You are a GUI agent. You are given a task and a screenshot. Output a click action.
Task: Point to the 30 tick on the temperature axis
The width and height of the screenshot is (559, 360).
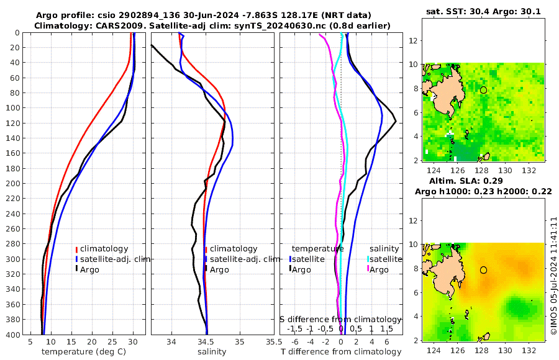pos(133,341)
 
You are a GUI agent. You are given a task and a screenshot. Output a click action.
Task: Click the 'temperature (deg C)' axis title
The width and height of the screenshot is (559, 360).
pos(86,351)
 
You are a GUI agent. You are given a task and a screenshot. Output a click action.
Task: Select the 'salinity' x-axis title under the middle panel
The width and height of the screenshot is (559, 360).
pos(211,351)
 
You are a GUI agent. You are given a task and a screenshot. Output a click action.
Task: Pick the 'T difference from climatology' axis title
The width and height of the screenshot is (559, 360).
pos(341,352)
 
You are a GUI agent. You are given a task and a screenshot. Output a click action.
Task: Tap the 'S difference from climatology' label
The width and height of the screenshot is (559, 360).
pos(340,318)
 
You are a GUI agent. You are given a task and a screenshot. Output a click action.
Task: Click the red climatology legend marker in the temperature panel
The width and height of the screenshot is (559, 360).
pos(77,249)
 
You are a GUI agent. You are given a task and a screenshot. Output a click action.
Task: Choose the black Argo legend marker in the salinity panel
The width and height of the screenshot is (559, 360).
pos(206,269)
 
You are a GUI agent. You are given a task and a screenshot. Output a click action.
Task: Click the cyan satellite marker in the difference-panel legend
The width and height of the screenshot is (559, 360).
pos(368,259)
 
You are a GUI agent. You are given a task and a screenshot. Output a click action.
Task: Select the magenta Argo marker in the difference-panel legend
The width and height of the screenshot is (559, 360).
pos(368,269)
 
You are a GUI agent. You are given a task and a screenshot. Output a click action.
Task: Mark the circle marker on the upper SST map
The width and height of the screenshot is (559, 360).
pos(483,90)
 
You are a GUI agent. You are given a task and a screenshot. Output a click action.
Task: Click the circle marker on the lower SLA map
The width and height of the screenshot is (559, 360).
pos(483,270)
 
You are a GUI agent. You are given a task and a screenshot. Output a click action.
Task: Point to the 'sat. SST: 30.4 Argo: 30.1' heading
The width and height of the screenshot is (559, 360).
pos(483,11)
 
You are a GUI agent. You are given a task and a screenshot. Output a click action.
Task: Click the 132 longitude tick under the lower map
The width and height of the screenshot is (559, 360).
pos(529,351)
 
